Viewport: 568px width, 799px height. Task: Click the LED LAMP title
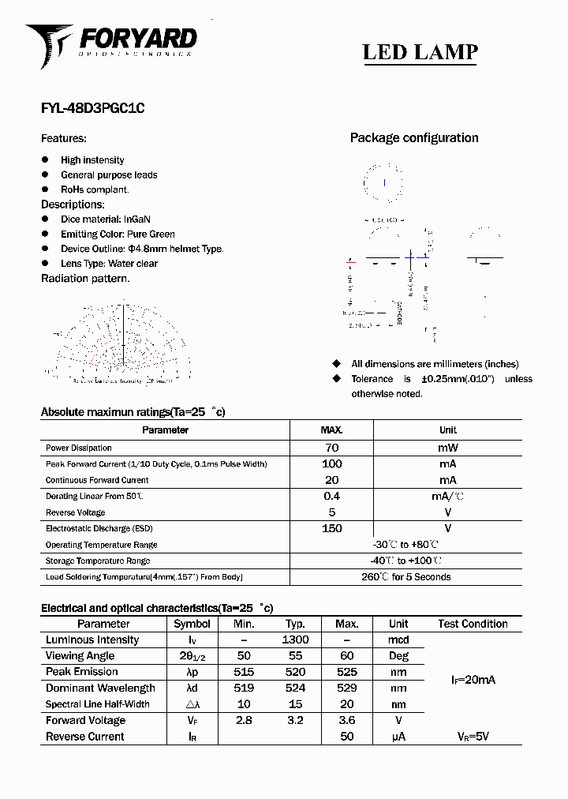pos(420,52)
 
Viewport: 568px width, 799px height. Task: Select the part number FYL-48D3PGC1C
pos(92,110)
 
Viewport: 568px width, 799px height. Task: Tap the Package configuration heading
pos(413,137)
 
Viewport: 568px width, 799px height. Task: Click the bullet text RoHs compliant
pos(95,189)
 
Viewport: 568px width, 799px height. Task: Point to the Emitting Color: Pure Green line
pos(118,234)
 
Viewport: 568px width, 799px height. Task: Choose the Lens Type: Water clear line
pos(109,264)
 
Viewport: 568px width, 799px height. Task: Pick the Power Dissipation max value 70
pos(331,448)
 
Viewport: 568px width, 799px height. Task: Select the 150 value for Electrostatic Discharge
pos(331,528)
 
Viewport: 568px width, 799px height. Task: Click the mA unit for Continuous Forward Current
pos(447,480)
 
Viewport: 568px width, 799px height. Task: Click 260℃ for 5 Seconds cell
pos(405,577)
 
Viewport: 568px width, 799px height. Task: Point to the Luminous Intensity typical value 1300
pos(295,640)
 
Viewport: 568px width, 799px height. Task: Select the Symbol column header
pos(192,624)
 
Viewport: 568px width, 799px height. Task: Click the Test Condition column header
pos(473,624)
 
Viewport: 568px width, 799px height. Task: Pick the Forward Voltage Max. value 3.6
pos(346,720)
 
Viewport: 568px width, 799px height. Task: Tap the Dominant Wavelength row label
pos(100,688)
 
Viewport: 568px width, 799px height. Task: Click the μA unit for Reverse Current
pos(398,737)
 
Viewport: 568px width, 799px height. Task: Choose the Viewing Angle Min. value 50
pos(244,656)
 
